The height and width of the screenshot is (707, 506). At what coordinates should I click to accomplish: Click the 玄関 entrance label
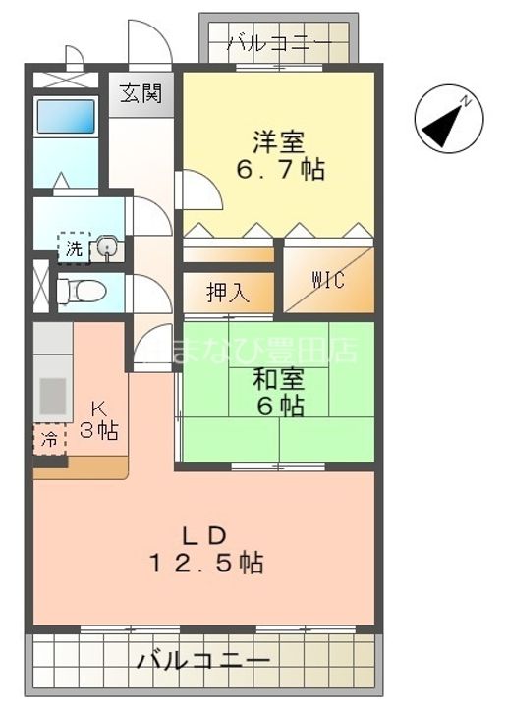[x=141, y=95]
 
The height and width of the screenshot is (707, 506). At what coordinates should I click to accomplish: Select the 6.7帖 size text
[x=279, y=169]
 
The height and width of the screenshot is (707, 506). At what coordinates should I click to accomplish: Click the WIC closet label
[x=328, y=280]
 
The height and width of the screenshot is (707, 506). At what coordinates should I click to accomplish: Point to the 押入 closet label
[x=227, y=292]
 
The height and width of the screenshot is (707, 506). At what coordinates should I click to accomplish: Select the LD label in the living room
[x=205, y=535]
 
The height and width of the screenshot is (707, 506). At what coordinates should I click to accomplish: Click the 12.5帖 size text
[x=205, y=565]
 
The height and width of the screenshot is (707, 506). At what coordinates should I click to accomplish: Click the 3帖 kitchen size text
[x=99, y=431]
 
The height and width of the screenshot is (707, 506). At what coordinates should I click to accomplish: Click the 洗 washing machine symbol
[x=74, y=248]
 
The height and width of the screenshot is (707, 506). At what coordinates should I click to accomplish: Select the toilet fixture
[x=73, y=292]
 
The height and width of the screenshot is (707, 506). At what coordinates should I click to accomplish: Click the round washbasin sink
[x=108, y=248]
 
